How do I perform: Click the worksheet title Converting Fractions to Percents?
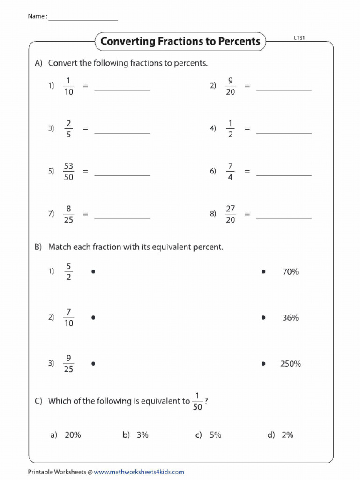[180, 41]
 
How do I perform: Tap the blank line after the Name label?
[82, 19]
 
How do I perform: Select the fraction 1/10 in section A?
[68, 86]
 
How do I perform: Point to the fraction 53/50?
[68, 172]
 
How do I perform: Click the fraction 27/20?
[230, 214]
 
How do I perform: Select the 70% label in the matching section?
[290, 271]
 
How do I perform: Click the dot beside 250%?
[263, 364]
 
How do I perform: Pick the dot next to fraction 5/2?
[94, 271]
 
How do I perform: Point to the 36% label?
[290, 318]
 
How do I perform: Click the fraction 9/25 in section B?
[68, 364]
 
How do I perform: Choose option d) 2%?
[281, 435]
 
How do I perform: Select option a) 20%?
[66, 435]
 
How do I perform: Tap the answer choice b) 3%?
[136, 435]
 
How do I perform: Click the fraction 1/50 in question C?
[197, 401]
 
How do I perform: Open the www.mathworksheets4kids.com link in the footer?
[139, 472]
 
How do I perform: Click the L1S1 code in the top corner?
[300, 38]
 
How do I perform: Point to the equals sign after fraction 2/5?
[85, 129]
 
